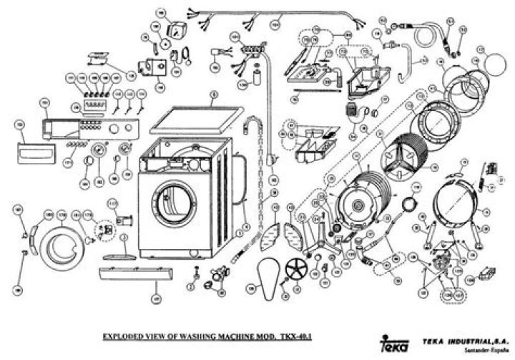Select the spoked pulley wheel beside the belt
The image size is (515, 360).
[x=295, y=271]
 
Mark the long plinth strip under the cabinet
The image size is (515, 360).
[x=134, y=274]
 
